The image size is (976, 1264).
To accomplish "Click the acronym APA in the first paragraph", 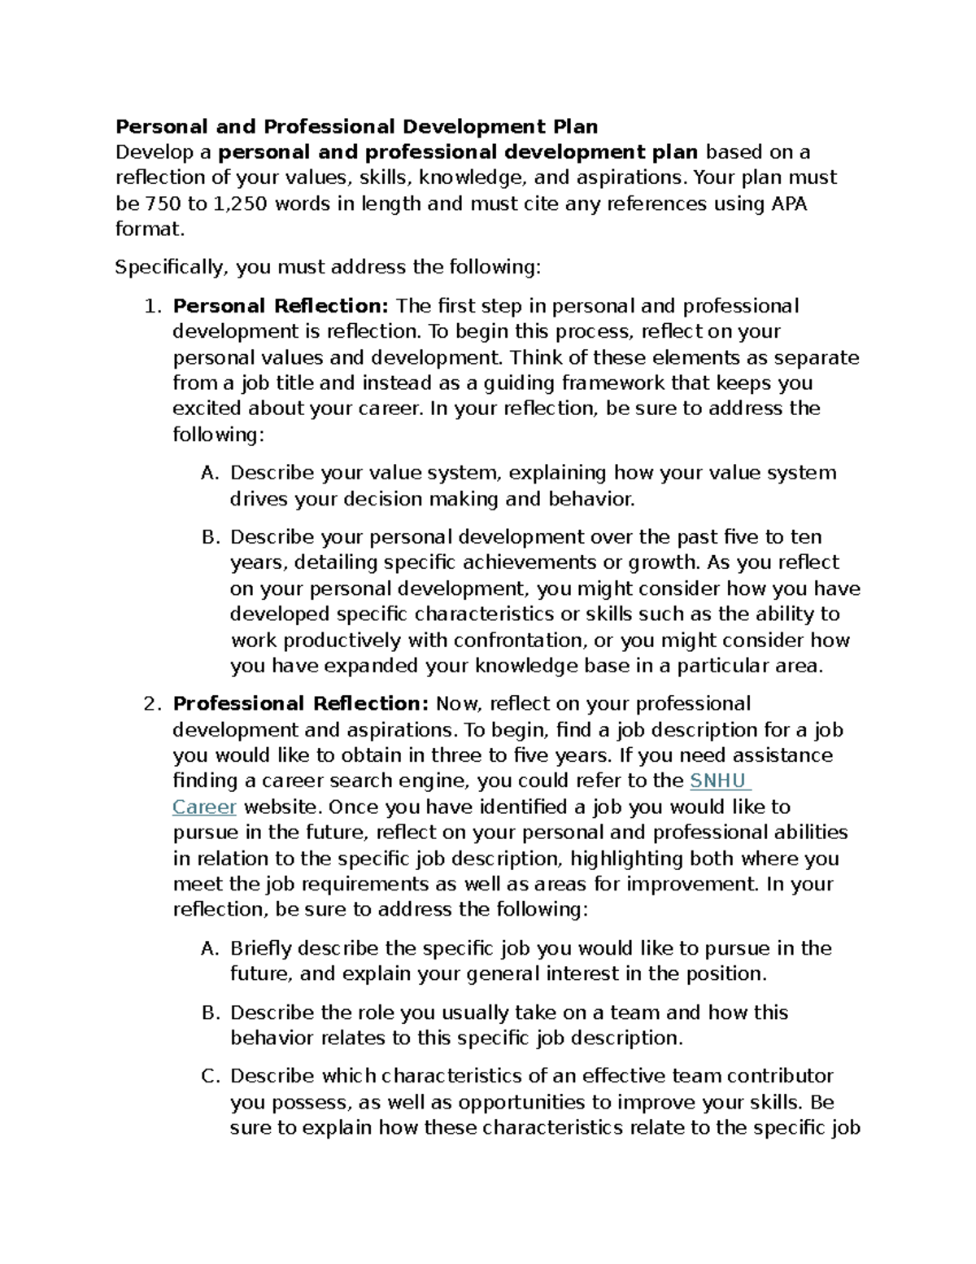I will tap(787, 203).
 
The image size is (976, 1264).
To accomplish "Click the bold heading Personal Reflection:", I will tap(281, 306).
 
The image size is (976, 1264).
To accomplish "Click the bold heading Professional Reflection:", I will tap(300, 704).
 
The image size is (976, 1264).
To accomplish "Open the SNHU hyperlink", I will tap(718, 781).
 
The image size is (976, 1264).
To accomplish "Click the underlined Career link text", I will tap(204, 807).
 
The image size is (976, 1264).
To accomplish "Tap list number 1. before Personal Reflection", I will tap(150, 307).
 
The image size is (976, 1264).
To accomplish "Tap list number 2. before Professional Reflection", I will tap(150, 705).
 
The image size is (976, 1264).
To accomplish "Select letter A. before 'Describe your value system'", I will tap(209, 474).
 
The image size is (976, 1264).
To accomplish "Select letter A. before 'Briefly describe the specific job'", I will tap(209, 949).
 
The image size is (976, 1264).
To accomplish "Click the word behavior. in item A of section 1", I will tap(591, 500).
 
